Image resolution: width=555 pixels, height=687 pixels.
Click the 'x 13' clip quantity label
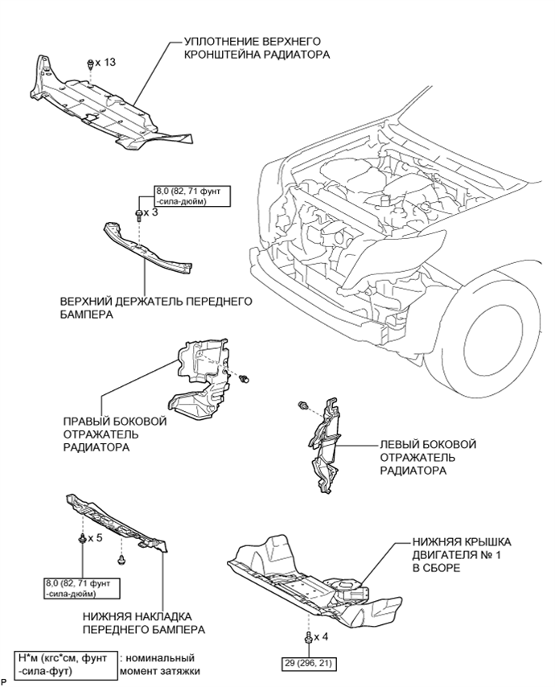pos(105,62)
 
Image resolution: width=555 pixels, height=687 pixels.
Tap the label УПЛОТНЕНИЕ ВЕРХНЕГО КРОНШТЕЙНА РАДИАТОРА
pos(257,48)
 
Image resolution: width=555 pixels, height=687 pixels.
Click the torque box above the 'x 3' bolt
pos(192,196)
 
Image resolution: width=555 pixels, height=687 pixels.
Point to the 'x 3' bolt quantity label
pos(150,213)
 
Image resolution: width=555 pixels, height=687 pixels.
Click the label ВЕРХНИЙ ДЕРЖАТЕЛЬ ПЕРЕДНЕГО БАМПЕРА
pos(156,308)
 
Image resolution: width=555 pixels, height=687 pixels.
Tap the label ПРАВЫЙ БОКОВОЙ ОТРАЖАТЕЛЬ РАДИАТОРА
pos(115,434)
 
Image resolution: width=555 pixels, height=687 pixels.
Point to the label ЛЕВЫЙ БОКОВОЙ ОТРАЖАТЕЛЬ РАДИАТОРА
pos(428,458)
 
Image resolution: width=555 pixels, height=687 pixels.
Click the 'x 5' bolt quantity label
pos(95,537)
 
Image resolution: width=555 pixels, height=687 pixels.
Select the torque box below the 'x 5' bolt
pos(82,588)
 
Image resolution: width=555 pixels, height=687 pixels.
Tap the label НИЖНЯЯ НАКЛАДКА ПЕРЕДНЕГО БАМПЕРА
pos(144,623)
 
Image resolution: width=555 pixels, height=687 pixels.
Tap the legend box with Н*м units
pos(66,664)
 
